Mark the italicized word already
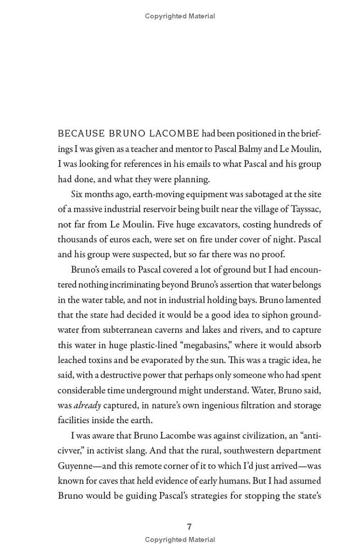87,405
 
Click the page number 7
189,527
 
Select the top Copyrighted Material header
180,16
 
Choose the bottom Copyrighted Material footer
180,540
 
